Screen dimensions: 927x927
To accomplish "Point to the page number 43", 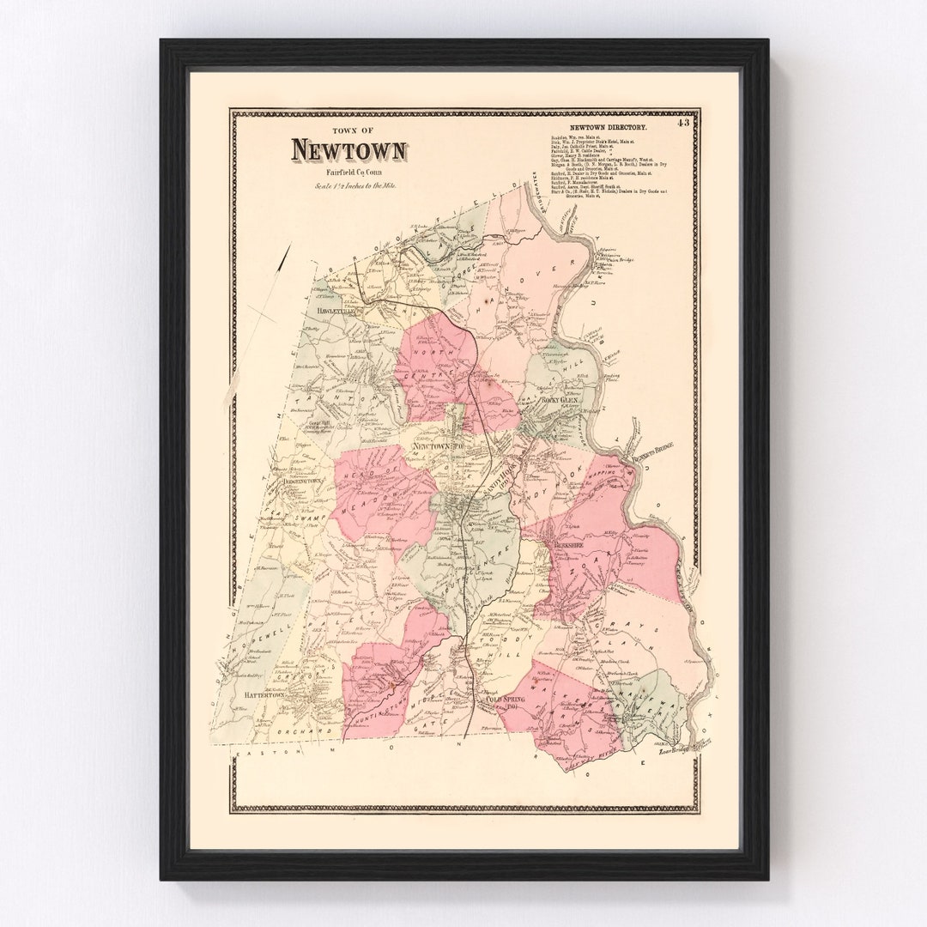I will [x=682, y=123].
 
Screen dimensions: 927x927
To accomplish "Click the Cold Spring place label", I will [x=505, y=701].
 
